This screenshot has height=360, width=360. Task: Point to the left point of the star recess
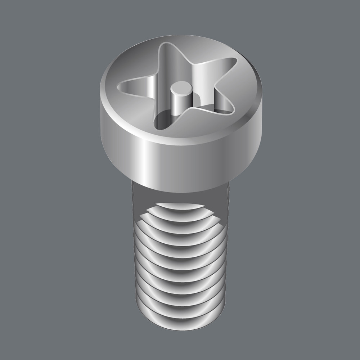tap(124, 86)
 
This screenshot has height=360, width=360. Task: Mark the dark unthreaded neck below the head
tap(139, 202)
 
